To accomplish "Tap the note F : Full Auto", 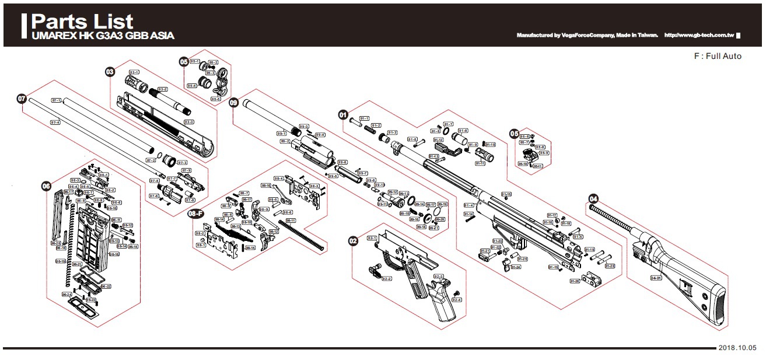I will coord(717,56).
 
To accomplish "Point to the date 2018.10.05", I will coord(737,347).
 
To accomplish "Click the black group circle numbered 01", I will coord(344,114).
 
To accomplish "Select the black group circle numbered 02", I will coord(353,240).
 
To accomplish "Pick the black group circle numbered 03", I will coord(110,71).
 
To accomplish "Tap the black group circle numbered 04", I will coord(593,198).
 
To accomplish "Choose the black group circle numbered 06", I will coord(46,186).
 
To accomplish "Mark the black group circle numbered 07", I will coord(22,99).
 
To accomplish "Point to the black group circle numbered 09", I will coord(234,103).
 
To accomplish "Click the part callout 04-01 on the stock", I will coord(656,278).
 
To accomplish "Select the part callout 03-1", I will coord(134,72).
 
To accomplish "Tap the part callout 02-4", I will coord(457,300).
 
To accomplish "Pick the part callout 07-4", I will coord(55,123).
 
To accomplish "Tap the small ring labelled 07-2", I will coord(159,155).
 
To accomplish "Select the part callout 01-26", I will coord(574,281).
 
